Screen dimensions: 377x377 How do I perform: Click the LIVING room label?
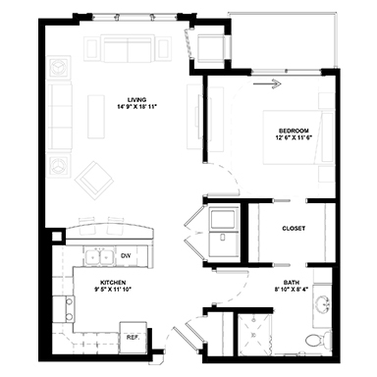click(136, 99)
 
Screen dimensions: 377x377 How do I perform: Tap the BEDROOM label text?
click(294, 131)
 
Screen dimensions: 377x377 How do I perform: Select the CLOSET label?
click(294, 229)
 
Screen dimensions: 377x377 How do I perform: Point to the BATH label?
click(292, 282)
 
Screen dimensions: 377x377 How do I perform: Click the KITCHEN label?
click(113, 282)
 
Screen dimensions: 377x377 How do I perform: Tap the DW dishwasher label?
click(126, 255)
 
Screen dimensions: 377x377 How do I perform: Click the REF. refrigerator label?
click(133, 337)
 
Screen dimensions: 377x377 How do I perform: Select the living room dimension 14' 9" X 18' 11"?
click(136, 107)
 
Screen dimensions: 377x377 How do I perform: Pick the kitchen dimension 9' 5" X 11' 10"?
click(113, 289)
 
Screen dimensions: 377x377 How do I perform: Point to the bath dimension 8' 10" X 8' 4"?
click(292, 289)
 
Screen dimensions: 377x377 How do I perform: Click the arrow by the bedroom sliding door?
click(267, 84)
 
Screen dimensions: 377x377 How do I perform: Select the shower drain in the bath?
click(253, 335)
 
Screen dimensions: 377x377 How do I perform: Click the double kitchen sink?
click(99, 255)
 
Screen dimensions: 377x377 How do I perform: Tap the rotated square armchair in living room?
click(94, 181)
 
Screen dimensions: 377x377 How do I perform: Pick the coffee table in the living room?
click(96, 117)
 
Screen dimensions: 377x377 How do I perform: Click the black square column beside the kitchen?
click(57, 237)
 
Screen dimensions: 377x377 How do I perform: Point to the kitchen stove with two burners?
click(64, 308)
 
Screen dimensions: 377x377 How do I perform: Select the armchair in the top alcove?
click(211, 46)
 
